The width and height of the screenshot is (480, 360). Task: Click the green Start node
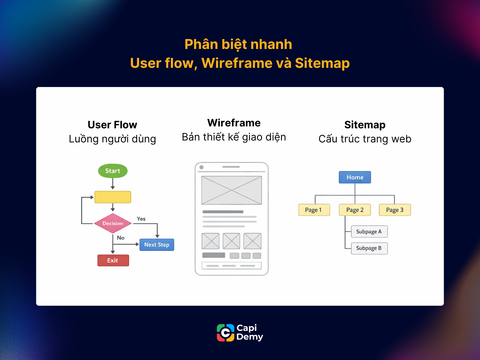coord(113,171)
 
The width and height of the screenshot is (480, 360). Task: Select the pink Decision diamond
coord(113,223)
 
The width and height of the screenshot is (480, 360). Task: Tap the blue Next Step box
coord(157,245)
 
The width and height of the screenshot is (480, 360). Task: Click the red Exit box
coord(113,260)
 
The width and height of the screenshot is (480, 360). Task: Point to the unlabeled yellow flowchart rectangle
coord(113,197)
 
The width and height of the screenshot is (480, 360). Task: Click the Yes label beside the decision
coord(141,219)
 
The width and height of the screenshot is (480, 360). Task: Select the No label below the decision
coord(121,238)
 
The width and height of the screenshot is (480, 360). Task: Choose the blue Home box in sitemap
coord(355,177)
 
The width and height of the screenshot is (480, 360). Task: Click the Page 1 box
coord(314,210)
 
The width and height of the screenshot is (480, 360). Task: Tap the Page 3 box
coord(395,210)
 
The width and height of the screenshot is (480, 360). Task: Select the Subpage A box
coord(369,232)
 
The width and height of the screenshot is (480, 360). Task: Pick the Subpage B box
coord(369,248)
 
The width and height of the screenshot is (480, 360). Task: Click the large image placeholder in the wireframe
coord(231,190)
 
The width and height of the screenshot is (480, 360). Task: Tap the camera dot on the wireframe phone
coord(202,167)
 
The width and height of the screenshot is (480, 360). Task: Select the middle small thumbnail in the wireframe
coord(231,241)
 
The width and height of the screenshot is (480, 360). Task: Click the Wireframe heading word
coord(234,123)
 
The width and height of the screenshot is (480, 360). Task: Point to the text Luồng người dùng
coord(112,139)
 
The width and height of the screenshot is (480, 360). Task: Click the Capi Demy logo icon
coord(226,333)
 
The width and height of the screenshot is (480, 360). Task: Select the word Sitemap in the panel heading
coord(365,125)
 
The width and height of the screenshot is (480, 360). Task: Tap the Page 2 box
coord(355,210)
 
